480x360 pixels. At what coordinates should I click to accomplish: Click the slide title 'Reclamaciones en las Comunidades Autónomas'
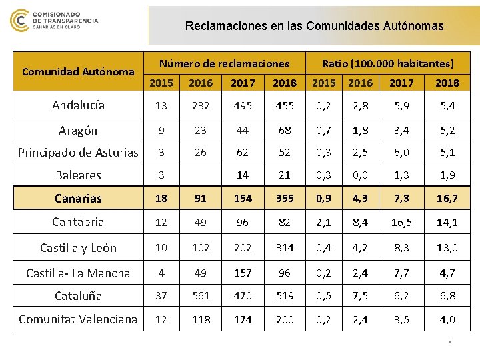(314, 27)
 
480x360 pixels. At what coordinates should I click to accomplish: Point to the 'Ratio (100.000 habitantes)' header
(387, 64)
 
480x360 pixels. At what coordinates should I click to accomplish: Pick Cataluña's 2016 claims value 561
(197, 295)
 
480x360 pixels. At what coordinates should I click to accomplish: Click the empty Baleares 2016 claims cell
(197, 176)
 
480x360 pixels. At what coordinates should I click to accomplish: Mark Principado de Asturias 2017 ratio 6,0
(401, 153)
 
